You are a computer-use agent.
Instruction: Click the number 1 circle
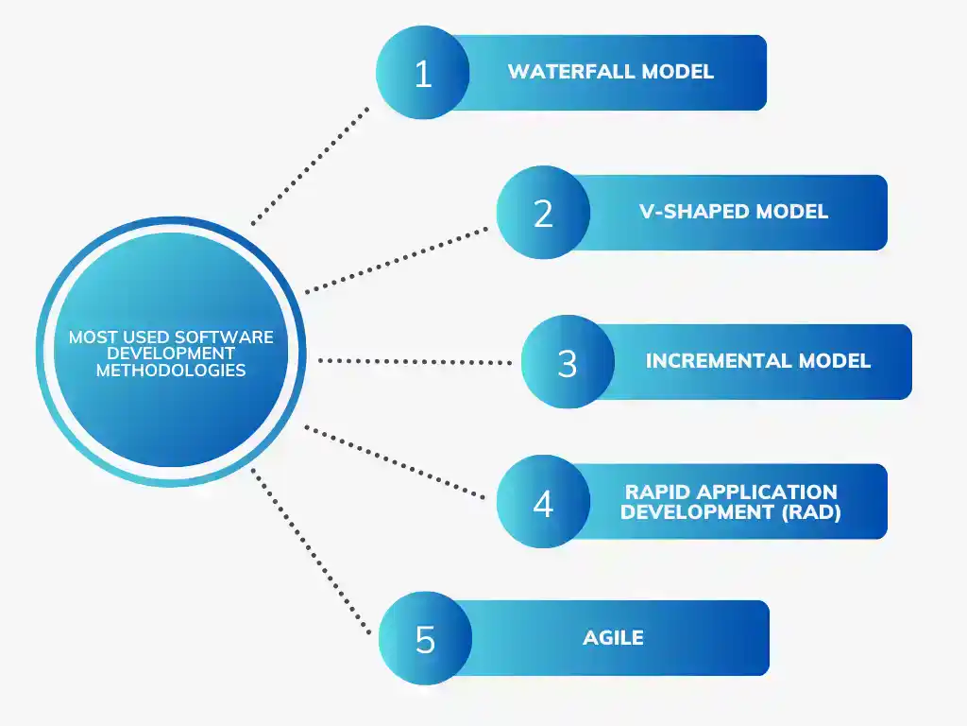(422, 73)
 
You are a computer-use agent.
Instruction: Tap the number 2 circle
(543, 212)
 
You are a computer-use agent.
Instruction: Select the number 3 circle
(568, 362)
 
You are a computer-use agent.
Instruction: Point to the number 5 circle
(425, 638)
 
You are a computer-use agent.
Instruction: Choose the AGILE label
(613, 638)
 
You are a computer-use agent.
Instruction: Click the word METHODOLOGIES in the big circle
(171, 371)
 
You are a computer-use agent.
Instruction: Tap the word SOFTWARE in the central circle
(229, 337)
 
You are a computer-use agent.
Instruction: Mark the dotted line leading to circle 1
(312, 164)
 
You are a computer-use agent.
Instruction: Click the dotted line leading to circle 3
(416, 361)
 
